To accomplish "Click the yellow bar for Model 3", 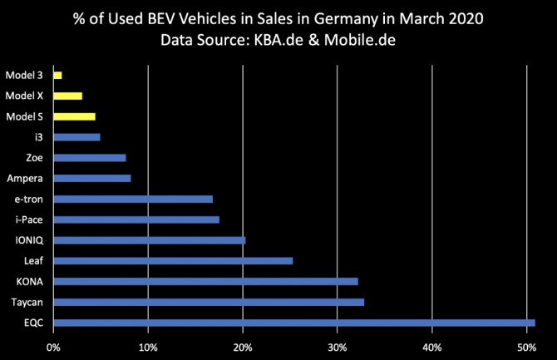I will click(57, 76).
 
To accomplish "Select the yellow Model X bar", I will click(67, 96).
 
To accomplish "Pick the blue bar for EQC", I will click(293, 323).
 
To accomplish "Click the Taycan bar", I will click(209, 302).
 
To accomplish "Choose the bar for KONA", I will click(205, 281).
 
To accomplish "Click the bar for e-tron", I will click(133, 199).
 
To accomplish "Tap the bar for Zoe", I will click(90, 157).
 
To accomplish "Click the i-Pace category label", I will click(29, 219).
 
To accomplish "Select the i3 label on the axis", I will click(38, 136).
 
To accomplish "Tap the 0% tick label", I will click(54, 347).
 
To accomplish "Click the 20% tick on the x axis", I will click(243, 347).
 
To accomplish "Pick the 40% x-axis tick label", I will click(431, 347).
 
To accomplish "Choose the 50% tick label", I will click(525, 347).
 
